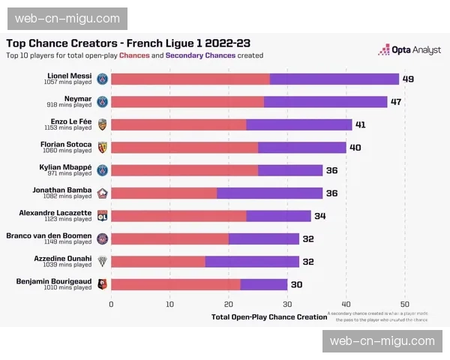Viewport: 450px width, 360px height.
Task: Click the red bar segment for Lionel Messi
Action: (190, 79)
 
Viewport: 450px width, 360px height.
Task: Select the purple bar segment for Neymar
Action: (325, 101)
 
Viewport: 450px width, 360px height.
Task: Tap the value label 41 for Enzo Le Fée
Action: (361, 124)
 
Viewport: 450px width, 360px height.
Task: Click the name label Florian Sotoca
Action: (66, 144)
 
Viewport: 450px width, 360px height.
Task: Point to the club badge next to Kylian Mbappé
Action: (103, 170)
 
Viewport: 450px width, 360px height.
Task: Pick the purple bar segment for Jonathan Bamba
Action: (270, 193)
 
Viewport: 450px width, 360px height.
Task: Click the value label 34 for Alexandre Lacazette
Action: (319, 216)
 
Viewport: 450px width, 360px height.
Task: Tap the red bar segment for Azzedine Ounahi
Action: (158, 261)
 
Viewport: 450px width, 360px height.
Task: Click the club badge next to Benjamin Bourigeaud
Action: (103, 284)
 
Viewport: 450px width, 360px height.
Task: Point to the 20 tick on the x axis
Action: (228, 304)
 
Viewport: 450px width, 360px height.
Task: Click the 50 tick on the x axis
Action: (404, 304)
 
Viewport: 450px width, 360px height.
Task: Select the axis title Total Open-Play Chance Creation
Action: (269, 317)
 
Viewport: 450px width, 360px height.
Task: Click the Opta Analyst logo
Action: (403, 49)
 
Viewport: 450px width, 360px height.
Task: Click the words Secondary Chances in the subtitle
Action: (200, 55)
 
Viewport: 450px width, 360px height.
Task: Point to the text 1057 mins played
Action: (68, 82)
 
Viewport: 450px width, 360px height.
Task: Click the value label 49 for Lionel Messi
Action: (408, 79)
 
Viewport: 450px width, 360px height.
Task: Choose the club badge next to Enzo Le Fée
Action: (103, 124)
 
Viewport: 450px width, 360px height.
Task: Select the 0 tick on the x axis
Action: (111, 304)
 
